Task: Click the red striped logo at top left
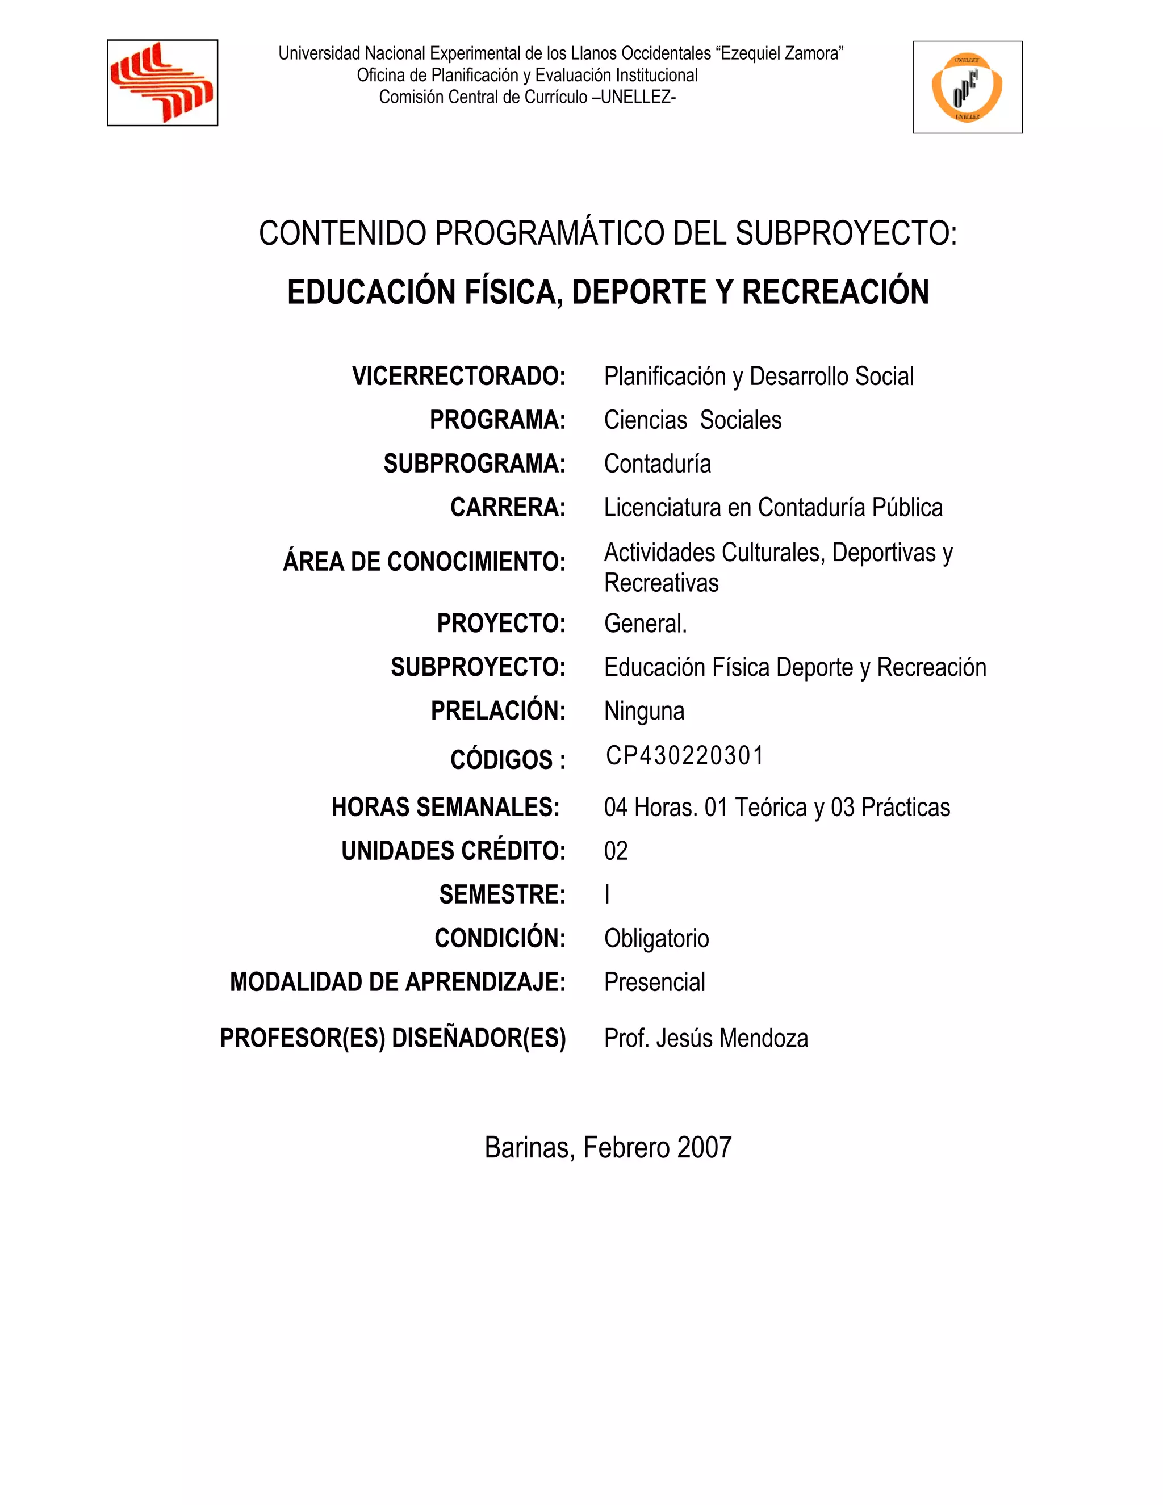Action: click(162, 83)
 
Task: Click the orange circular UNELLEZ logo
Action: click(967, 87)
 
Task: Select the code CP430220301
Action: click(685, 756)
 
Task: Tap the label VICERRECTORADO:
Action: click(458, 376)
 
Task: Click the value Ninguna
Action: click(644, 711)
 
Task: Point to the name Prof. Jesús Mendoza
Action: click(705, 1038)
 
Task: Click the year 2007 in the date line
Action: click(704, 1147)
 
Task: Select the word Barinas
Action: click(528, 1147)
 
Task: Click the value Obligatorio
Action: click(656, 939)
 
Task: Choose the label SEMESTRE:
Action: click(502, 894)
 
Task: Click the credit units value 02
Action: click(616, 851)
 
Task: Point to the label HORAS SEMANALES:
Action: click(445, 807)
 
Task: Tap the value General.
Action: click(646, 624)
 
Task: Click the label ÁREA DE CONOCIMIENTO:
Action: click(424, 562)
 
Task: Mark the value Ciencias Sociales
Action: click(692, 420)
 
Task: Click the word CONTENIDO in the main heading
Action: click(342, 233)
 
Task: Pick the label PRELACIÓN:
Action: click(497, 711)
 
